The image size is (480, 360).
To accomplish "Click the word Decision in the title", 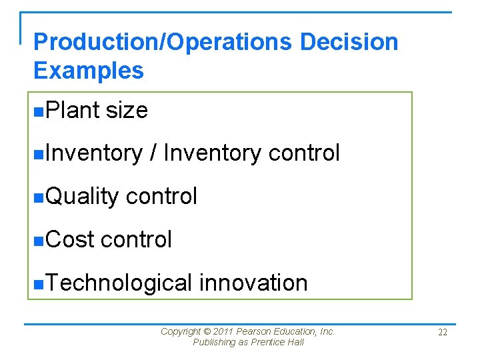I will click(349, 42).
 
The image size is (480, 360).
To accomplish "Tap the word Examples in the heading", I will click(88, 70).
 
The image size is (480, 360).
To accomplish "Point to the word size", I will click(127, 110).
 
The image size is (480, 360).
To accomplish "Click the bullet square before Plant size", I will click(38, 111).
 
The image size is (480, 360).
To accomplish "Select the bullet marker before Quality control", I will click(38, 197).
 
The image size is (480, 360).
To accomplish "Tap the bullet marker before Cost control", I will click(38, 240).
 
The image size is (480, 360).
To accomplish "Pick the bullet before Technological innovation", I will click(38, 283).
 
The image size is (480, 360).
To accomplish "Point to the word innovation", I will click(253, 283).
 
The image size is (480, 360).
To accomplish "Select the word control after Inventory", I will click(303, 153).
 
